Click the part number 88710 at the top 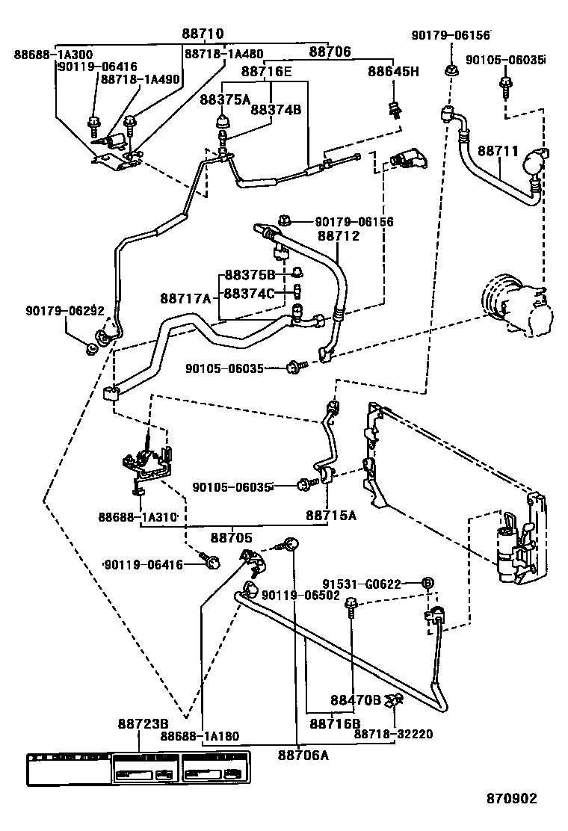click(x=203, y=34)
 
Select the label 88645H click(x=393, y=71)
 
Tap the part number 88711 click(x=498, y=151)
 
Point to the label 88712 click(x=339, y=235)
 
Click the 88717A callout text click(x=185, y=298)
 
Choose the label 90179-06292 click(x=64, y=311)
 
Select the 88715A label click(x=331, y=516)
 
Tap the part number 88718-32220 click(x=393, y=735)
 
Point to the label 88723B click(x=143, y=724)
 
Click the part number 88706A click(x=303, y=755)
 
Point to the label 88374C click(x=250, y=293)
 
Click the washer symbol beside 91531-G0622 click(x=428, y=583)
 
